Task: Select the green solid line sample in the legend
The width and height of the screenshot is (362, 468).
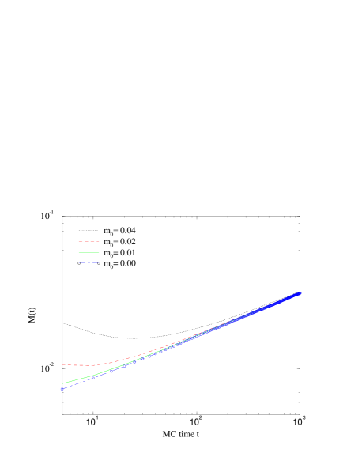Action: [89, 251]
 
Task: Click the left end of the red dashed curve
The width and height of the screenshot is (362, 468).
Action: [62, 364]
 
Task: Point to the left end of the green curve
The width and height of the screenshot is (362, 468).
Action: [62, 383]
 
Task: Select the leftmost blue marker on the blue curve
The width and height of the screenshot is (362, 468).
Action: [62, 388]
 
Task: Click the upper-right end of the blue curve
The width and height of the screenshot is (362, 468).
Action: [300, 293]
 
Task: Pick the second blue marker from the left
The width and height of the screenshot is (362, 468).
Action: [92, 377]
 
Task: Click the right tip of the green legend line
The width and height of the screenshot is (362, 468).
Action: [99, 251]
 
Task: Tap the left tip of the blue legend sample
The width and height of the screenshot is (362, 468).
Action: [78, 262]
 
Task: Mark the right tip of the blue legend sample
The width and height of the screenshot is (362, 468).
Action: [99, 262]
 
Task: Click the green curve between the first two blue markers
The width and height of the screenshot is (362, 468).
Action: [77, 379]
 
